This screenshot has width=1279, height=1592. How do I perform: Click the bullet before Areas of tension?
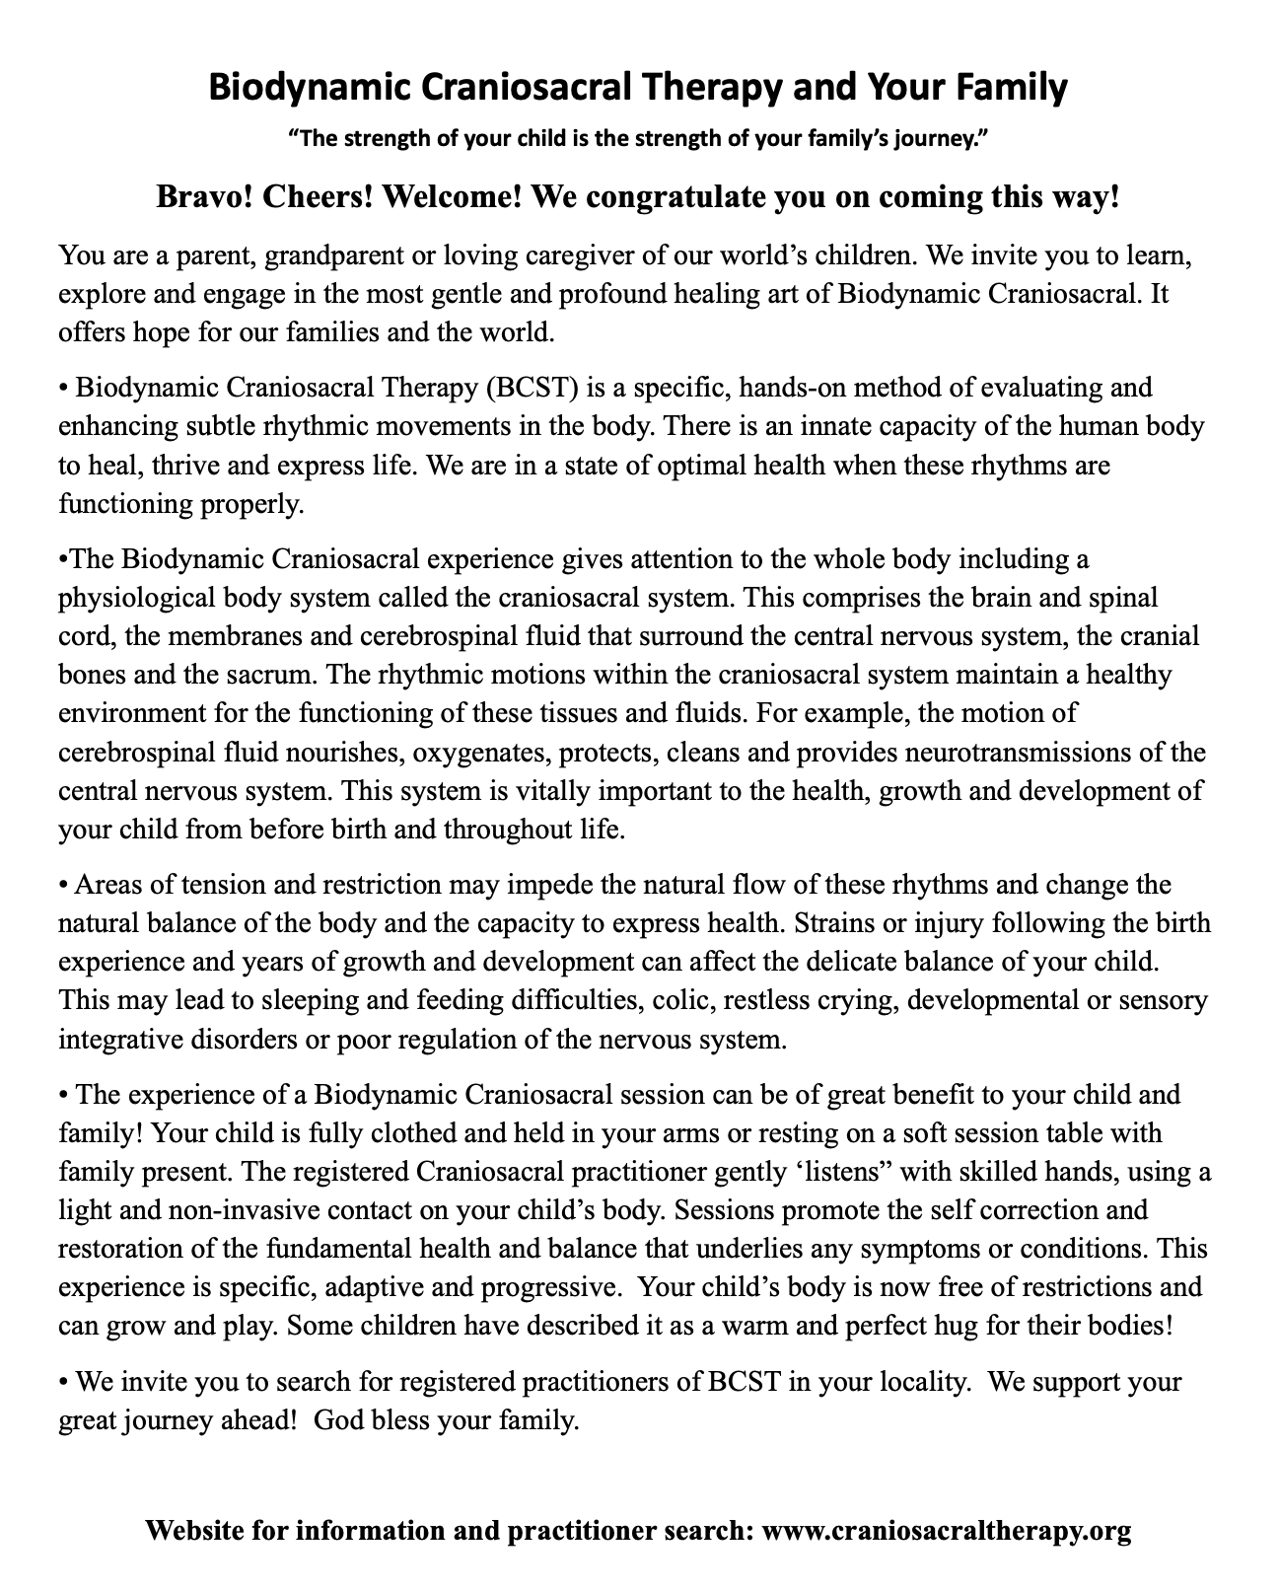click(64, 886)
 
